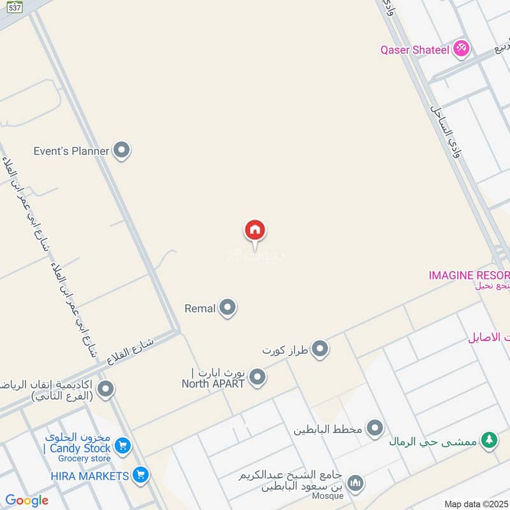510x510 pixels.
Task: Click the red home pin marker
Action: point(255,230)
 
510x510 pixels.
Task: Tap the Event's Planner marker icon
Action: point(121,151)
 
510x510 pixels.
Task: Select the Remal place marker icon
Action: point(227,309)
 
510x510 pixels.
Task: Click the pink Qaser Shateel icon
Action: point(461,48)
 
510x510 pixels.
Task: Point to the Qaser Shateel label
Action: point(415,49)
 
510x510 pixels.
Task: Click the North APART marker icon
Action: point(257,377)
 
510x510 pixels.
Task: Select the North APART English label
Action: point(214,384)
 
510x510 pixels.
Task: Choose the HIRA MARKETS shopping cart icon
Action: point(141,475)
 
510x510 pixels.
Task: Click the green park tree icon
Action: point(489,441)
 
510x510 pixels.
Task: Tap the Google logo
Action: point(27,500)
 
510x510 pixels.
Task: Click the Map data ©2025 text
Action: point(475,504)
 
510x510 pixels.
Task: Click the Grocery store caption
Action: point(84,458)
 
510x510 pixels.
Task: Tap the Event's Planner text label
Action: point(71,151)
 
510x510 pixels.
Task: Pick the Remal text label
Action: point(200,309)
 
